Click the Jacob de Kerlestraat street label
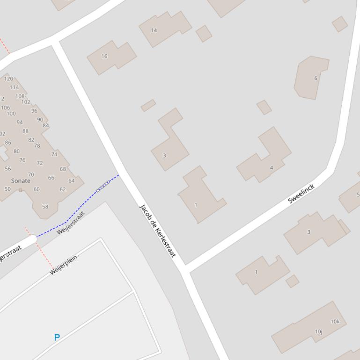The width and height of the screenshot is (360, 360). click(157, 230)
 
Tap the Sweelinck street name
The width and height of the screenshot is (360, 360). click(301, 194)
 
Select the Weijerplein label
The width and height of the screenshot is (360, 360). click(63, 265)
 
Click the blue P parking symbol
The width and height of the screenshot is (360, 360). click(57, 338)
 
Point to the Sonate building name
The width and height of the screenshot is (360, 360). click(21, 180)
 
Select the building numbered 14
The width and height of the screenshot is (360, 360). click(154, 30)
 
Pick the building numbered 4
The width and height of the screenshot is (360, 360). click(271, 167)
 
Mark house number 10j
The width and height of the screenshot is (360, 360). click(318, 332)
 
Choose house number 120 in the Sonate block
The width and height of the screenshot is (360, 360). click(8, 79)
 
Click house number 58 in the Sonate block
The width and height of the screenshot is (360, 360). click(45, 207)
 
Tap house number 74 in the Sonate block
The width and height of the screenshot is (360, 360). click(54, 154)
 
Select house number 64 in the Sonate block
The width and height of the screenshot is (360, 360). click(72, 181)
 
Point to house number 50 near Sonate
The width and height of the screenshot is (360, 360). click(7, 189)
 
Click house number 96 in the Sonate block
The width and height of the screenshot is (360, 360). click(34, 111)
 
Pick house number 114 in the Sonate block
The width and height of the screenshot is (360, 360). click(14, 87)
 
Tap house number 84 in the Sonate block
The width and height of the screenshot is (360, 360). click(46, 125)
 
